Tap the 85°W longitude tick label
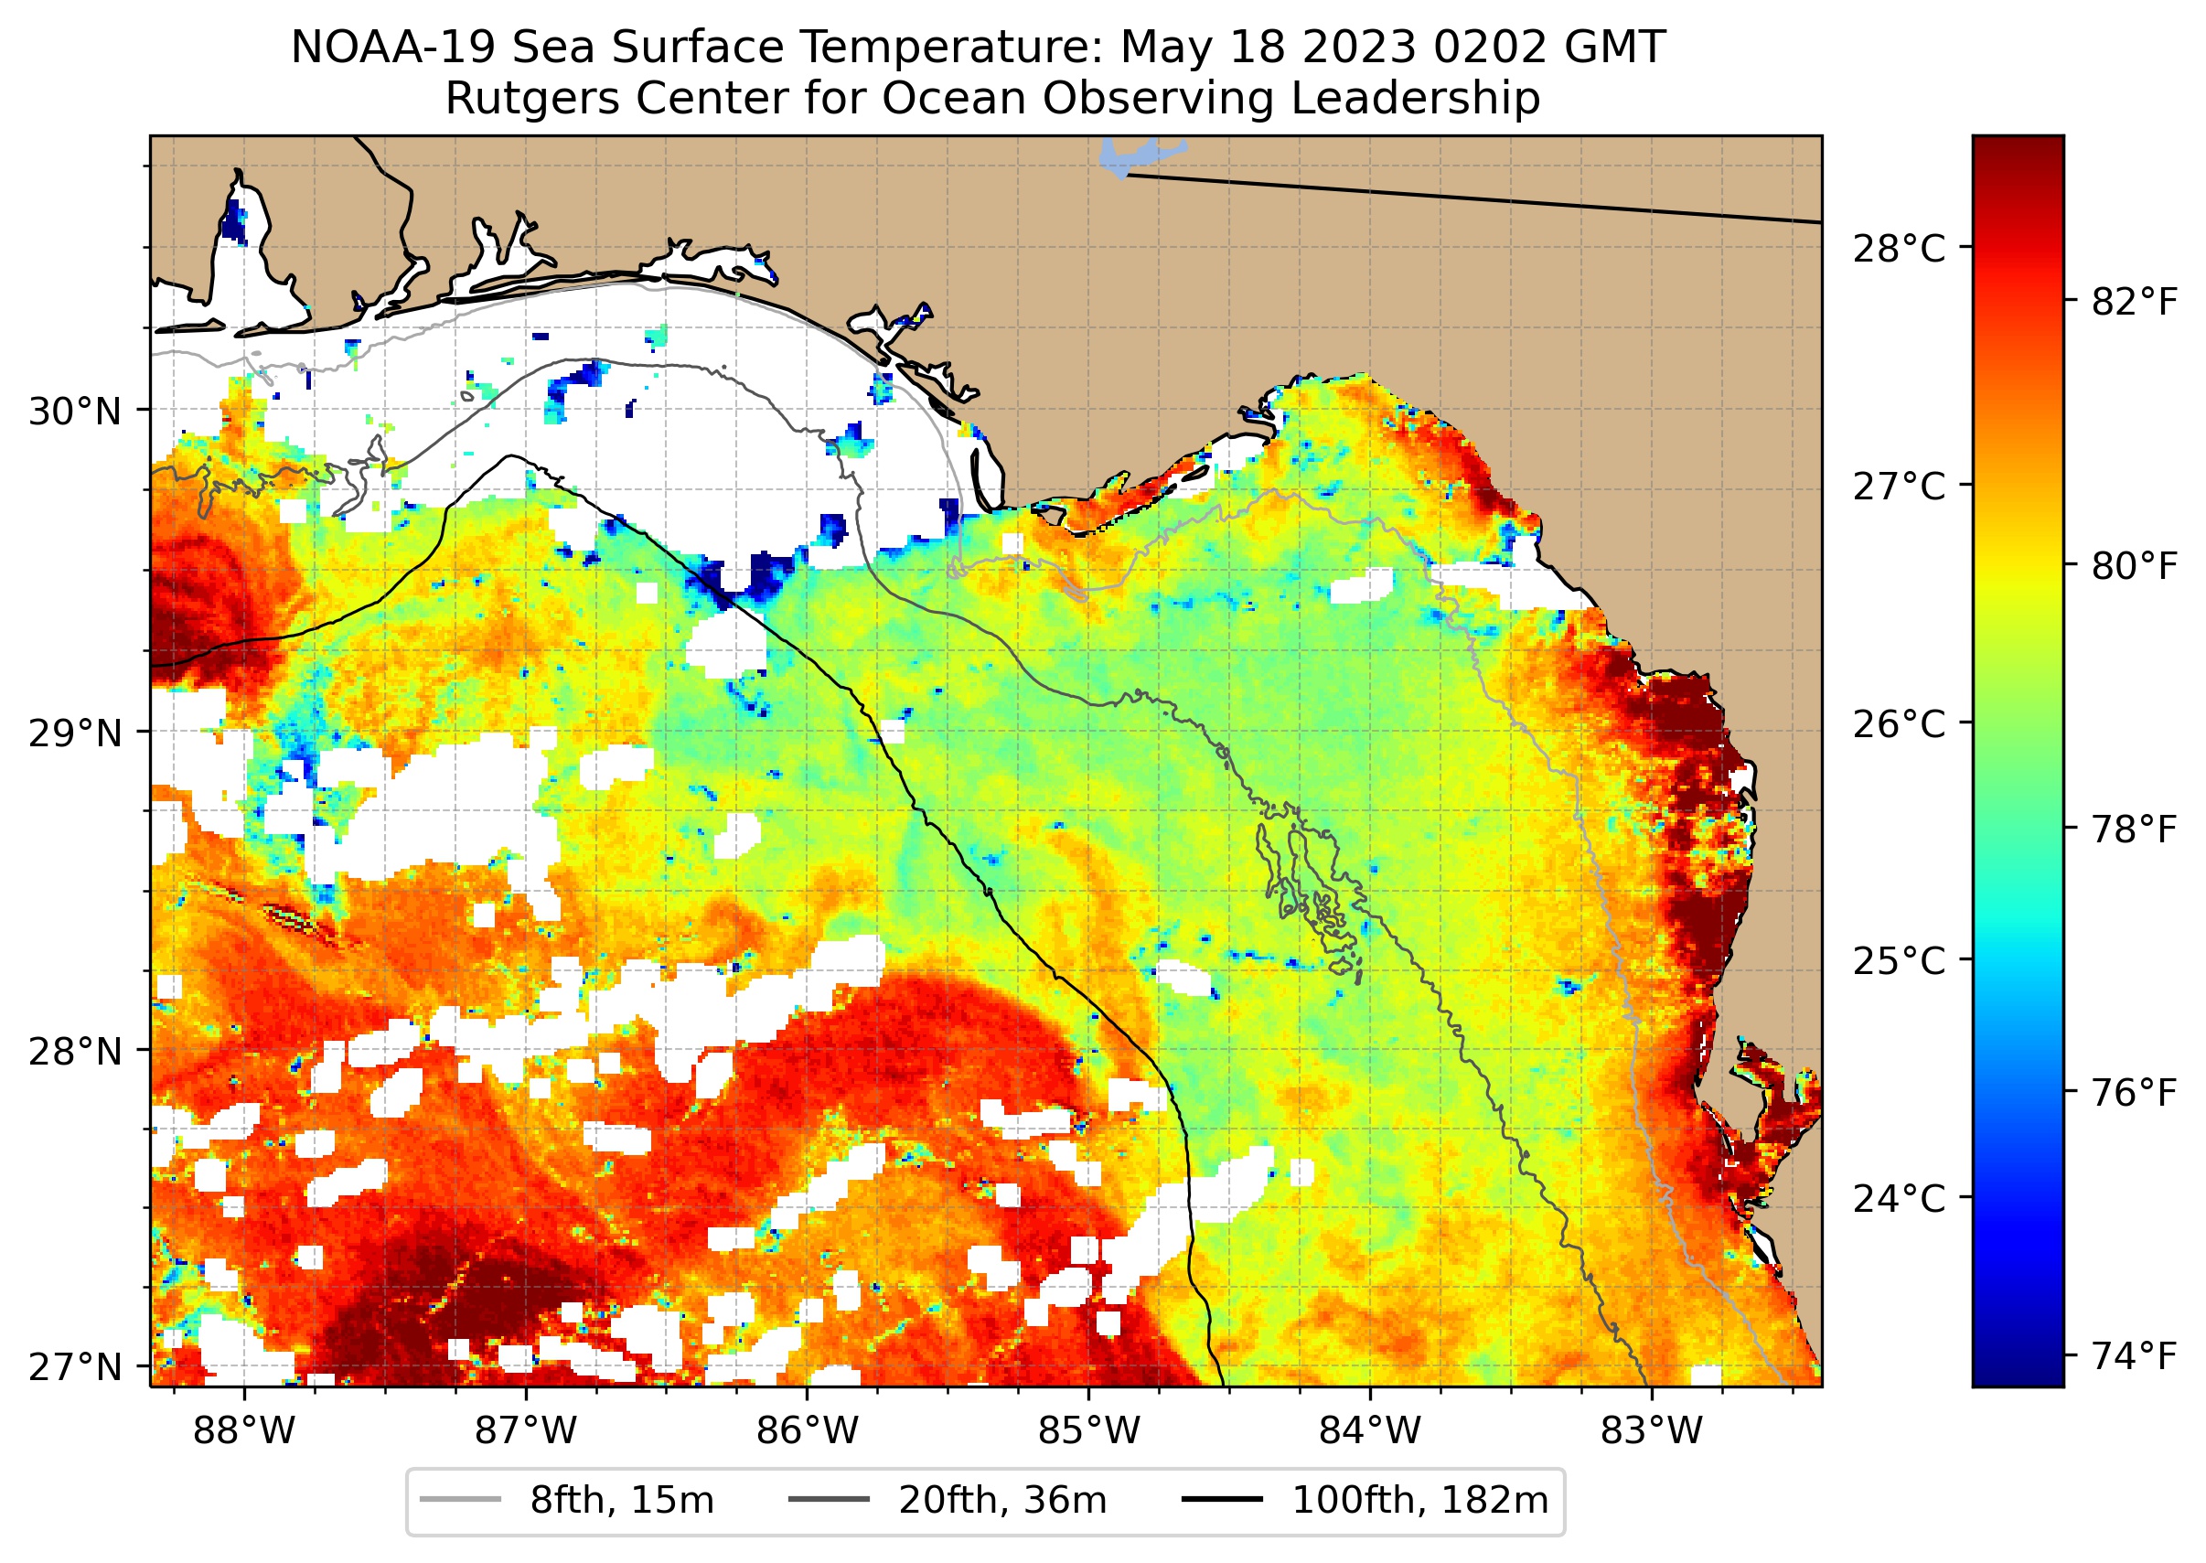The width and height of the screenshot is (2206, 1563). point(1088,1431)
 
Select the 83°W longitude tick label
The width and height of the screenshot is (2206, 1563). point(1652,1431)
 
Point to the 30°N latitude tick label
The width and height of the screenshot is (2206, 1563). point(75,412)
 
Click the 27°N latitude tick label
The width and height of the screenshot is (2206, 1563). point(75,1366)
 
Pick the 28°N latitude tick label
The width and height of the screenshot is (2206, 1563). point(75,1052)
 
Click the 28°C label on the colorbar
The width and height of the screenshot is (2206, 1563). point(1899,249)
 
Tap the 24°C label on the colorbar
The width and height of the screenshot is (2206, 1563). point(1899,1199)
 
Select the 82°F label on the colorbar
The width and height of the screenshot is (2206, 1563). point(2134,302)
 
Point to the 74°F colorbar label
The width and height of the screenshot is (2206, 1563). point(2134,1357)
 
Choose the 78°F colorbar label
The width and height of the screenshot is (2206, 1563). point(2134,830)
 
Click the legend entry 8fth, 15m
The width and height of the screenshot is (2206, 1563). point(621,1501)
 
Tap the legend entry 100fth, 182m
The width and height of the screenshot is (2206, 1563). point(1419,1501)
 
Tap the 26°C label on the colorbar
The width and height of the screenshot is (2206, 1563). point(1899,723)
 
